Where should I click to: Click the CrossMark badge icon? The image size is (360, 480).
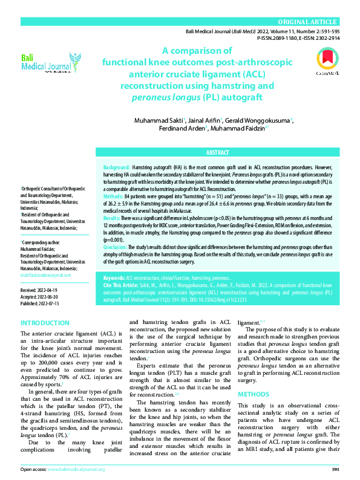pyautogui.click(x=324, y=62)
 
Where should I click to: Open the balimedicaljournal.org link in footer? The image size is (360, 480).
pyautogui.click(x=76, y=469)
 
